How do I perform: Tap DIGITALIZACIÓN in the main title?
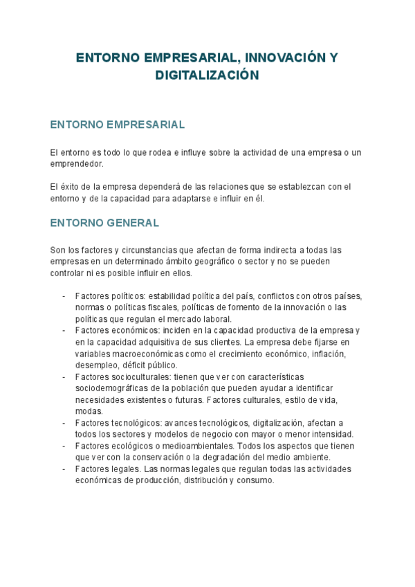pyautogui.click(x=207, y=75)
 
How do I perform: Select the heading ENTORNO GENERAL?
pyautogui.click(x=104, y=223)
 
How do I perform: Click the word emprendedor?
pyautogui.click(x=77, y=164)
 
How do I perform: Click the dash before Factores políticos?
pyautogui.click(x=64, y=296)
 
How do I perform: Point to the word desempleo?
pyautogui.click(x=97, y=365)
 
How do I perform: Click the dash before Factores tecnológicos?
pyautogui.click(x=64, y=423)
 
